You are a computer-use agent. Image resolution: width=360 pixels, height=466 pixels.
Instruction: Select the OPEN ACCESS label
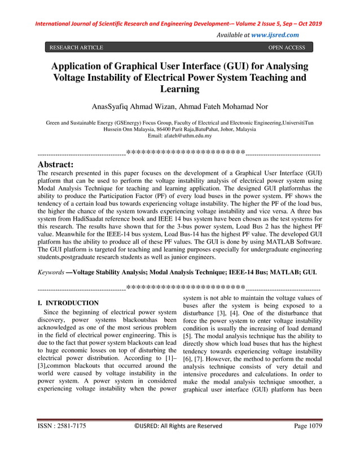pyautogui.click(x=287, y=48)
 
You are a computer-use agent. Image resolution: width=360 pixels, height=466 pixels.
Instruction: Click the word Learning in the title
pyautogui.click(x=180, y=89)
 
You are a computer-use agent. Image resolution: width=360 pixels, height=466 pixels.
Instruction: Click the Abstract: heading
pyautogui.click(x=55, y=164)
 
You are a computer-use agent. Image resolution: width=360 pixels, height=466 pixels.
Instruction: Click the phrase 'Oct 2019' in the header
pyautogui.click(x=309, y=24)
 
